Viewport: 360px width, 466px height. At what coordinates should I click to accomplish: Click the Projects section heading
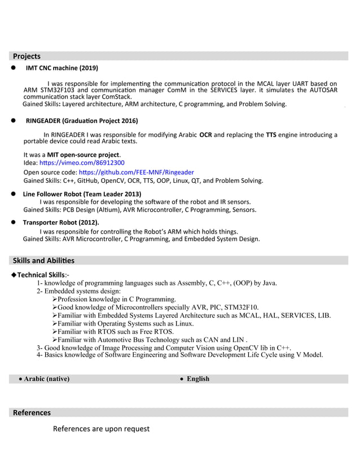[27, 56]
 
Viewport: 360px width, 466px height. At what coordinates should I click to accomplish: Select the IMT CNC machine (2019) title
[62, 68]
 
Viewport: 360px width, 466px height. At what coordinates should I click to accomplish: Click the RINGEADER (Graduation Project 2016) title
[82, 121]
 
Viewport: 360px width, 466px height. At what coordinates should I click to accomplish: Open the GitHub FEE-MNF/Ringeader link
[136, 172]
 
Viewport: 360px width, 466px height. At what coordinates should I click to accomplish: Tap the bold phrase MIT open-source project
[84, 155]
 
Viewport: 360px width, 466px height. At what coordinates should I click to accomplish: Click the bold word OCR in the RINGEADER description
[205, 135]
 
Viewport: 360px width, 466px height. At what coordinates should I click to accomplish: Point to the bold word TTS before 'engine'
[271, 135]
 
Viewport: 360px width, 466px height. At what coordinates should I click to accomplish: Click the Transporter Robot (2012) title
[61, 222]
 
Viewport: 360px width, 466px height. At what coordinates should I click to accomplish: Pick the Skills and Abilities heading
[43, 261]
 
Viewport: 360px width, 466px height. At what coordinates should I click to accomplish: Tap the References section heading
[32, 412]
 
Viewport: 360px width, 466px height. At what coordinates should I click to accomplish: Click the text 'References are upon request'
[101, 429]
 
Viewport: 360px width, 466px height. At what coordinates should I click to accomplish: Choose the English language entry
[197, 379]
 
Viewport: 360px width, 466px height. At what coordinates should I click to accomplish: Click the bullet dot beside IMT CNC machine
[13, 68]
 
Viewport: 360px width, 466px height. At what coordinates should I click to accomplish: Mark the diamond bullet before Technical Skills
[14, 275]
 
